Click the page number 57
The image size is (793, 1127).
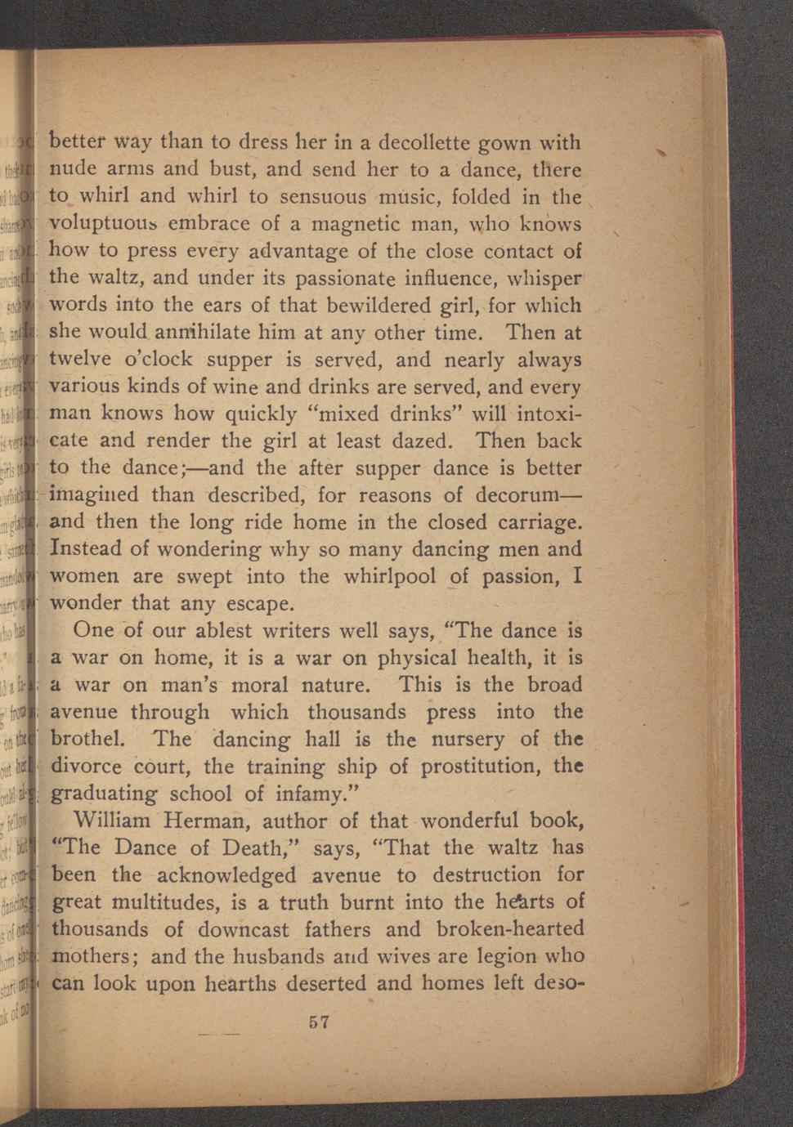tap(319, 1022)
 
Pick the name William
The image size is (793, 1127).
tap(112, 821)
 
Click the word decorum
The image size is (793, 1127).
tap(522, 495)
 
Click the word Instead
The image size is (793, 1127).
tap(87, 549)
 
